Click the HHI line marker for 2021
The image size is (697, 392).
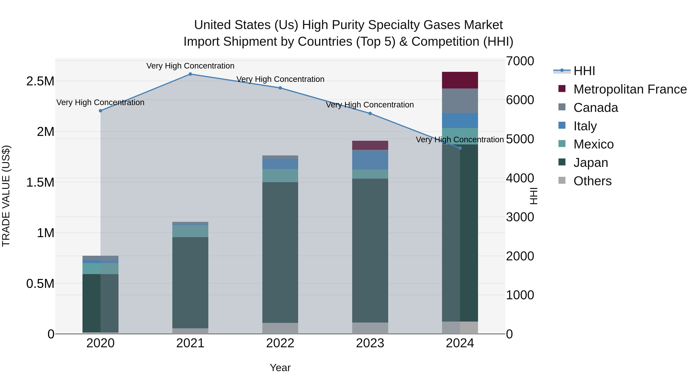pyautogui.click(x=190, y=74)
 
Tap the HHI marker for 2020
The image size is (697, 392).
pyautogui.click(x=100, y=111)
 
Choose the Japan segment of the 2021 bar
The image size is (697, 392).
pyautogui.click(x=190, y=283)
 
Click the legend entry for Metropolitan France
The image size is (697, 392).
pyautogui.click(x=630, y=89)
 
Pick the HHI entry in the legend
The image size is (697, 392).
pyautogui.click(x=584, y=71)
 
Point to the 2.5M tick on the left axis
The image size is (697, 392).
pyautogui.click(x=40, y=81)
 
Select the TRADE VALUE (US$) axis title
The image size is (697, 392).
pyautogui.click(x=6, y=196)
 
